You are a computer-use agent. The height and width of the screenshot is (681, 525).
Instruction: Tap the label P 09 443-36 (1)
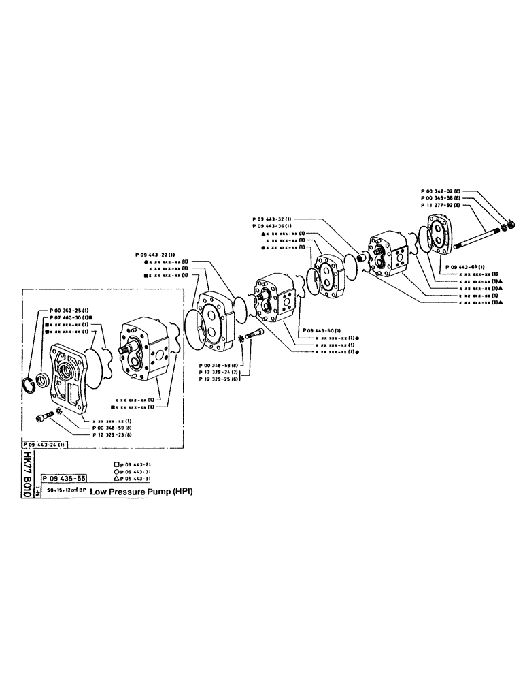[273, 225]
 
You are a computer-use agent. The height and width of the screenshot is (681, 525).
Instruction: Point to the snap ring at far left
[30, 385]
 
